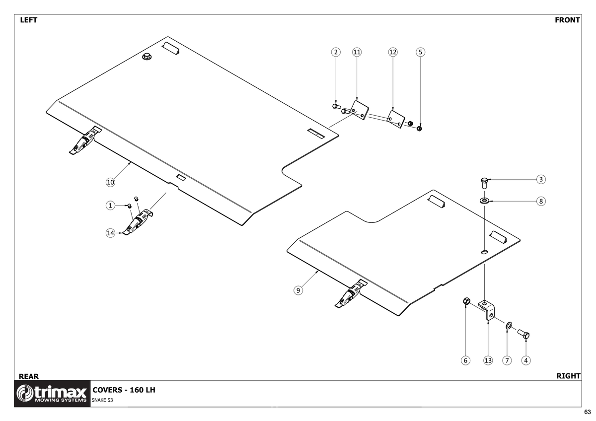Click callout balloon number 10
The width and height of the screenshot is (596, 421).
click(110, 182)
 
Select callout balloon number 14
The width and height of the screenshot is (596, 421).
click(110, 232)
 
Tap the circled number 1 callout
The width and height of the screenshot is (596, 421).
click(110, 205)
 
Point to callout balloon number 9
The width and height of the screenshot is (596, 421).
click(298, 290)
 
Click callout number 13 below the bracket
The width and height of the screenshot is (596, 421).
click(488, 360)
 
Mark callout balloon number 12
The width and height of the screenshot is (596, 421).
click(393, 52)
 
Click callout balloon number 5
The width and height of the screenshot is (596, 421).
click(420, 52)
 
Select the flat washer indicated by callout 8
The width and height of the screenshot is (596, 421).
click(484, 201)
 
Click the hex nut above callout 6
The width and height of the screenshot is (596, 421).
click(466, 301)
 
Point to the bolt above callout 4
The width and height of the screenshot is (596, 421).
click(524, 334)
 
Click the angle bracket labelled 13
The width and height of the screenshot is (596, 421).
click(487, 309)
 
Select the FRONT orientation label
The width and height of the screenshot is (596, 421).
click(567, 20)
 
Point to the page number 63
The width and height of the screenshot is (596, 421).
click(587, 412)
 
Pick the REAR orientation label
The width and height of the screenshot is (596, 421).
click(28, 376)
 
